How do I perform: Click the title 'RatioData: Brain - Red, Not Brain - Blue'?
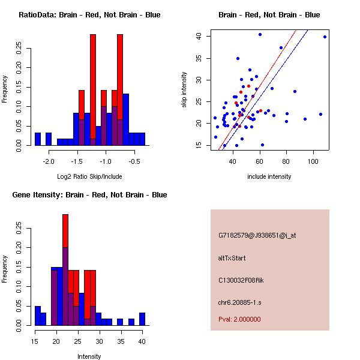[89, 15]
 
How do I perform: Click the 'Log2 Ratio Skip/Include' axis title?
[89, 176]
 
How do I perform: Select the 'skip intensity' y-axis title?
[184, 90]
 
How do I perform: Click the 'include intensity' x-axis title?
[269, 176]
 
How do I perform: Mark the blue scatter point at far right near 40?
[325, 37]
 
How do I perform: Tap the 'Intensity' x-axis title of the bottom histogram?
[89, 356]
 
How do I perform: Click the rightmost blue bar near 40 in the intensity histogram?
[142, 319]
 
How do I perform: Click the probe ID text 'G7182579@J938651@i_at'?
[257, 235]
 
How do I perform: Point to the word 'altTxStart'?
[232, 258]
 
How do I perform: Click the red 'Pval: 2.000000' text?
[239, 319]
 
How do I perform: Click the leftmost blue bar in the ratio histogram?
[38, 139]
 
